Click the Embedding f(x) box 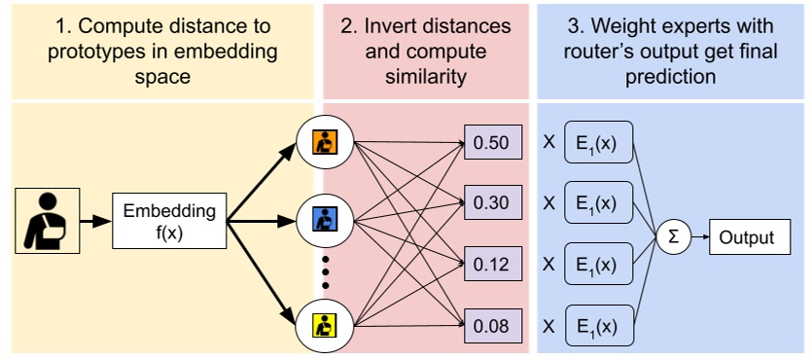[170, 222]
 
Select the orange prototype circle [322, 142]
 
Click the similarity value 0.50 [491, 143]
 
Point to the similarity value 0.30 [491, 202]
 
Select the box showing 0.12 [491, 263]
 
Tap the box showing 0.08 [491, 324]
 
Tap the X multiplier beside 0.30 [548, 202]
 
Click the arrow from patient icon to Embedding [94, 222]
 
